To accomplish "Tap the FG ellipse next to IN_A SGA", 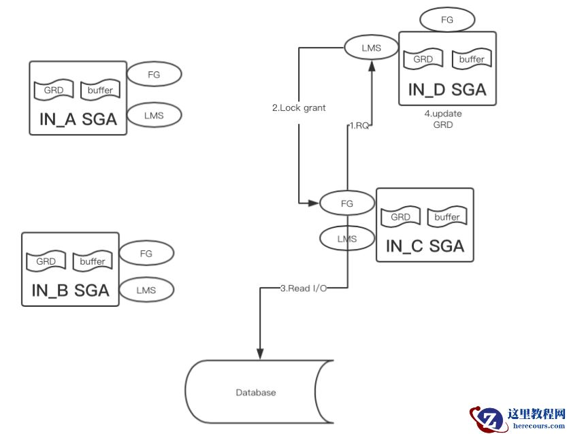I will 154,74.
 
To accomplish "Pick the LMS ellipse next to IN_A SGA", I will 155,115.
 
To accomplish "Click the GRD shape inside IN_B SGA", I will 46,261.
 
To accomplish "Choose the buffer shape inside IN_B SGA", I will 92,261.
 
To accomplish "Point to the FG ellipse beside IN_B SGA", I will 146,253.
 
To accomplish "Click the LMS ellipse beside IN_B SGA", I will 146,290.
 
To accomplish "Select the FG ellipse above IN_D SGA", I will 447,20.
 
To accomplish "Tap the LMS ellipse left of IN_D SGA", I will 371,47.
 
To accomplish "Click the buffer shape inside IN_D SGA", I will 471,59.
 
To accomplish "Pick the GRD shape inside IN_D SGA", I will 423,59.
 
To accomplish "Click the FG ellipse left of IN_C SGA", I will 347,203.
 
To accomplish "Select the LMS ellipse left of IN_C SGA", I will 347,238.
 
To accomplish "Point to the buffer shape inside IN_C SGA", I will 447,217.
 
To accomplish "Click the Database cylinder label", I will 256,393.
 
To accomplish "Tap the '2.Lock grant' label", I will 298,107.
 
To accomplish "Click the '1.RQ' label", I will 359,125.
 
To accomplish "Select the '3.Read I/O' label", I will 304,288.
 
